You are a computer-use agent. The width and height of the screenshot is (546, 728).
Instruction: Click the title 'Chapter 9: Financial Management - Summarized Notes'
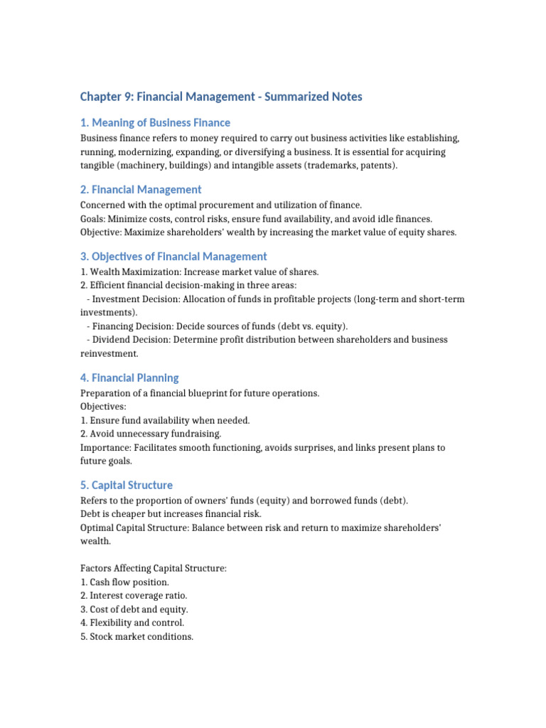pyautogui.click(x=221, y=96)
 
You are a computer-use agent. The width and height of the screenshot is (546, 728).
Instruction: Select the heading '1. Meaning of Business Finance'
pyautogui.click(x=155, y=123)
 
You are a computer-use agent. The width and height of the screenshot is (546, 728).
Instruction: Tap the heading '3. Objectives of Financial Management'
pyautogui.click(x=173, y=257)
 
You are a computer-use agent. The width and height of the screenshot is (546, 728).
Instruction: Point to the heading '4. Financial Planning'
pyautogui.click(x=129, y=378)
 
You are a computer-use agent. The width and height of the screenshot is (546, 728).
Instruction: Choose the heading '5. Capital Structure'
pyautogui.click(x=127, y=486)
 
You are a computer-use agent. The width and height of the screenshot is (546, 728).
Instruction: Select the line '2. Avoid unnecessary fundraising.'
pyautogui.click(x=151, y=434)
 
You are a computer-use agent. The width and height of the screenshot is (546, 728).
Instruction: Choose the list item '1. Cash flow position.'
pyautogui.click(x=125, y=582)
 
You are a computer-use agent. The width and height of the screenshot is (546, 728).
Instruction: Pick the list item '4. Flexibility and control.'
pyautogui.click(x=132, y=623)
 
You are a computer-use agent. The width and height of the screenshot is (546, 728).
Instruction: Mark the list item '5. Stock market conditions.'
pyautogui.click(x=136, y=636)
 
